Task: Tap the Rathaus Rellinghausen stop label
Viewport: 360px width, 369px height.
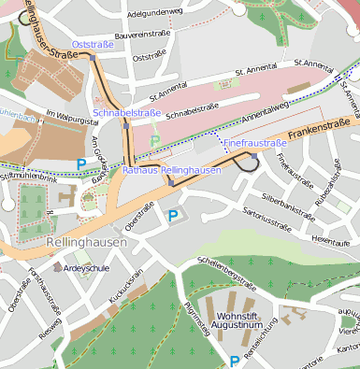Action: point(171,170)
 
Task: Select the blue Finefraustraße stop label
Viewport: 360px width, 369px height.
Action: point(254,143)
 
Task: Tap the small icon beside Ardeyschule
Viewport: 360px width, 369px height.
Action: point(57,266)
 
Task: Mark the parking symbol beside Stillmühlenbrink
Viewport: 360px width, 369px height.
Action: point(81,164)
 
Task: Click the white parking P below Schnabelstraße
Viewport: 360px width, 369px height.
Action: point(155,141)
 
